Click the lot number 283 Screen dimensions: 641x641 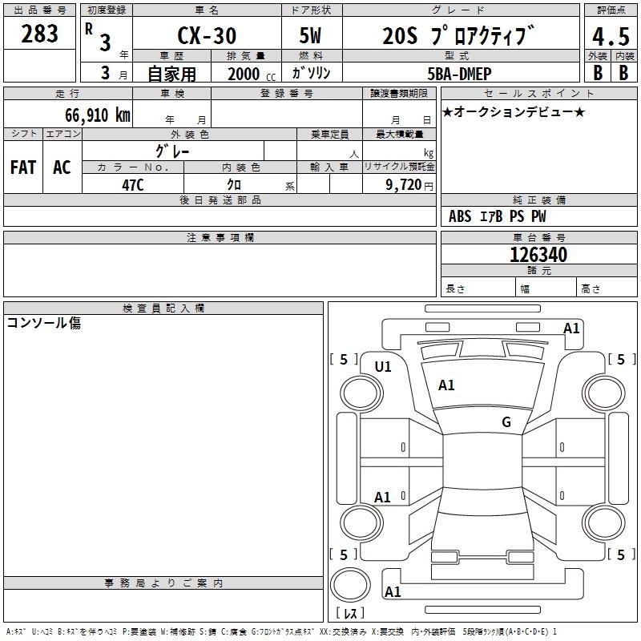click(39, 34)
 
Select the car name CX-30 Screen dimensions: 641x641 click(207, 35)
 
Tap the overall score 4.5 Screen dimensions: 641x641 click(611, 37)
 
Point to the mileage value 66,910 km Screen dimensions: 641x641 click(98, 115)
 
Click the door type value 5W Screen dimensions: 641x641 click(310, 35)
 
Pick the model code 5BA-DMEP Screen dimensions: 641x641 click(459, 74)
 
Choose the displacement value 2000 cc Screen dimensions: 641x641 click(252, 74)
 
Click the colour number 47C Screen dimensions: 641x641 click(133, 185)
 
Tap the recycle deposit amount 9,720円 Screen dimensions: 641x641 click(409, 185)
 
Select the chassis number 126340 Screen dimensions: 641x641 click(538, 255)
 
